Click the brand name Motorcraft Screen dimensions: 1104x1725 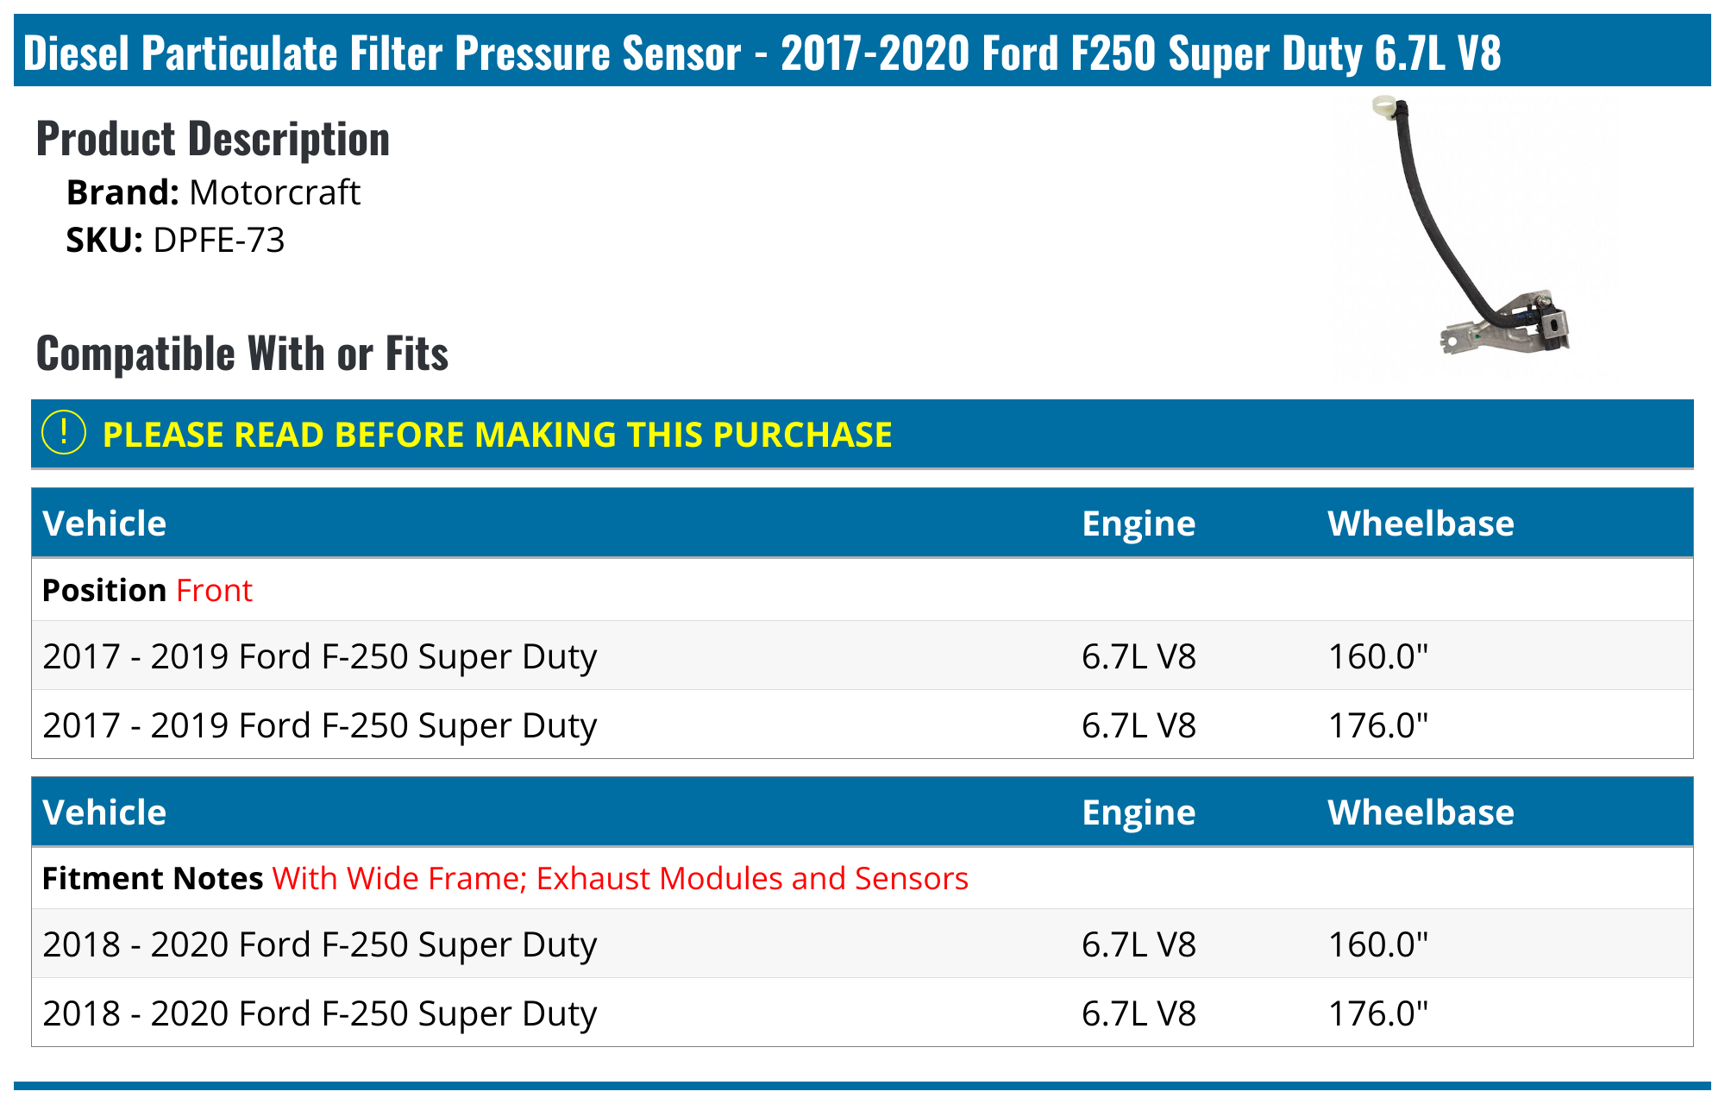(x=273, y=192)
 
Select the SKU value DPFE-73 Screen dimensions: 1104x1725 (x=218, y=240)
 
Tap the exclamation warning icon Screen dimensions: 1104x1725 (x=64, y=433)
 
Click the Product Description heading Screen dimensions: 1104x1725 (x=213, y=139)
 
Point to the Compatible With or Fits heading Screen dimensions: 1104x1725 (x=242, y=354)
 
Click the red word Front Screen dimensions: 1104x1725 (x=214, y=591)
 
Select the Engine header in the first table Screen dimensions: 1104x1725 (x=1138, y=524)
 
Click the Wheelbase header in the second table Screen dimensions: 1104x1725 (x=1421, y=812)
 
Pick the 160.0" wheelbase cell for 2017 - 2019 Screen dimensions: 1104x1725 (x=1378, y=656)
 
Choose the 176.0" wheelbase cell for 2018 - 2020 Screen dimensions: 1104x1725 (x=1378, y=1013)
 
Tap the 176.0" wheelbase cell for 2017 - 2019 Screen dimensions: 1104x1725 (x=1378, y=725)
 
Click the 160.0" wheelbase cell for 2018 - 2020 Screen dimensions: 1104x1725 (x=1378, y=944)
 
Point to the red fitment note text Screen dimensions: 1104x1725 (x=620, y=878)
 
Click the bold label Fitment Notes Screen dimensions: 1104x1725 (x=153, y=878)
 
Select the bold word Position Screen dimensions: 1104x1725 (x=104, y=591)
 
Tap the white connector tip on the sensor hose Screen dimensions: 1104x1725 (x=1383, y=108)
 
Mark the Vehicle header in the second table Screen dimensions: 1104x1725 (x=104, y=812)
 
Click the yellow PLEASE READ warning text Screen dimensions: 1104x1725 (x=497, y=435)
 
